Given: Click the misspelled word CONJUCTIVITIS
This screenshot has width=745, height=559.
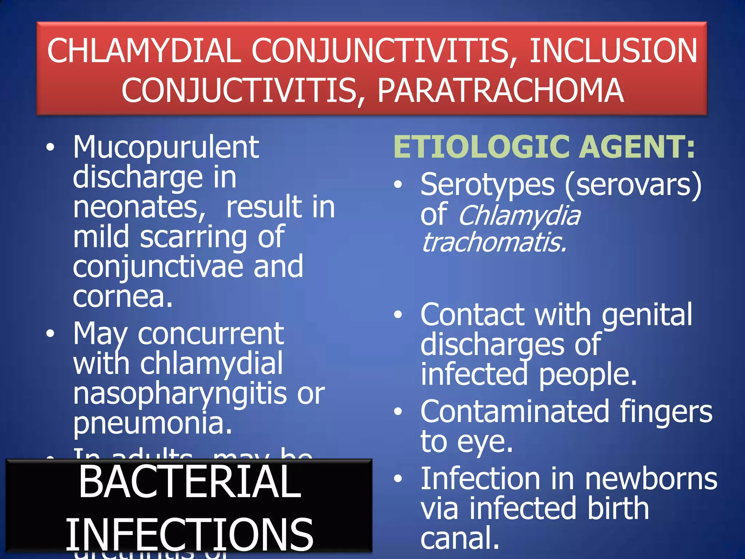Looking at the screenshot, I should point(239,90).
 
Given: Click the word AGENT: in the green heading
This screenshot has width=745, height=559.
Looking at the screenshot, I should point(637,147).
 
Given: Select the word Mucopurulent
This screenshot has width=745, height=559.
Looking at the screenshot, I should point(166,147).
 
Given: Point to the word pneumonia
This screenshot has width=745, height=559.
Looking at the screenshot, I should point(152,424).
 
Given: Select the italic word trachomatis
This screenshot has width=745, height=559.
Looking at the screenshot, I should point(494,243).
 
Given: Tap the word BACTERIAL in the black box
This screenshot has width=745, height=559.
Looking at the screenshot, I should point(190,482).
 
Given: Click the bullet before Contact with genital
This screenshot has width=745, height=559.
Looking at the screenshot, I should point(398,314).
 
